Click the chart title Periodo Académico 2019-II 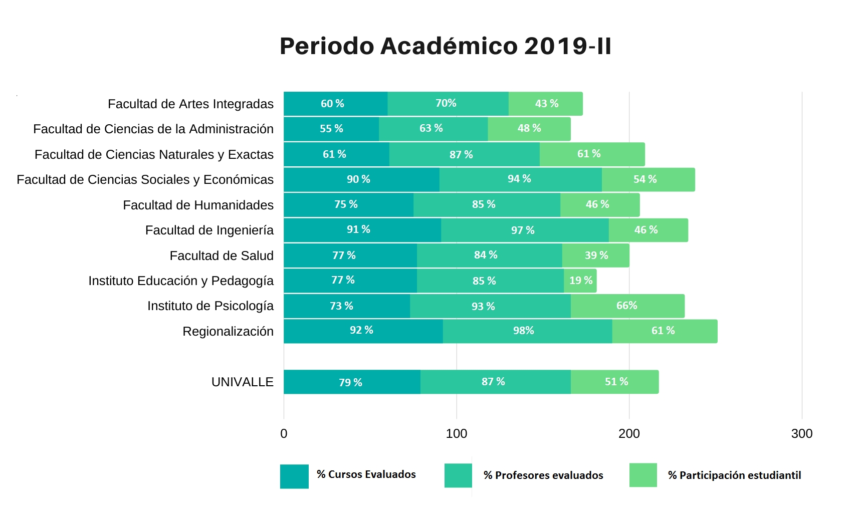point(445,46)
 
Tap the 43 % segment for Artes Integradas point(546,104)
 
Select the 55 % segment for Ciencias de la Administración point(331,129)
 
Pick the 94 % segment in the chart point(520,179)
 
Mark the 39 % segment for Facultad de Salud point(596,255)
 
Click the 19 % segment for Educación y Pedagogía point(580,281)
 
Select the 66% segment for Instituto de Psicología point(627,306)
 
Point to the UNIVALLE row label point(243,382)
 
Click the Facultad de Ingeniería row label point(209,230)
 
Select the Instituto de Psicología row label point(210,306)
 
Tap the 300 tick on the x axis point(801,434)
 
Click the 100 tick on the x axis point(456,434)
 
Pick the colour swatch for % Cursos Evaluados point(294,476)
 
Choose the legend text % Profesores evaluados point(543,475)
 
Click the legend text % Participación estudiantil point(734,475)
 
